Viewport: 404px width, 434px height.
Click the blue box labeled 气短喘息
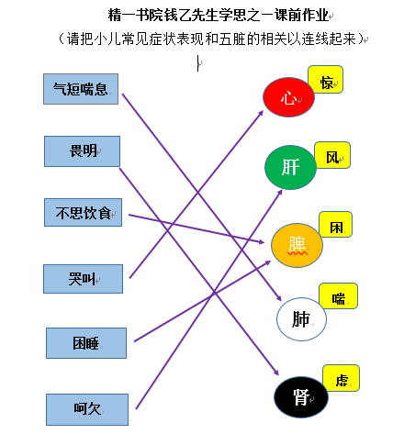point(81,89)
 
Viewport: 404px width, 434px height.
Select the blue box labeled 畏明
point(82,151)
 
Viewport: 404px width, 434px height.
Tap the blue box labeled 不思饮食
point(83,213)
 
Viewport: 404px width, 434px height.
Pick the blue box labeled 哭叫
point(83,279)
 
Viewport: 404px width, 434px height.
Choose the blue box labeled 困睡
point(86,343)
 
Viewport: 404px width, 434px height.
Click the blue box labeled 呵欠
point(87,409)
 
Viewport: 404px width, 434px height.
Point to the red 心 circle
point(288,97)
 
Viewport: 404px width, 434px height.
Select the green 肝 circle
point(290,167)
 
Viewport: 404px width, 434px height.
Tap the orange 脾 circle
point(297,245)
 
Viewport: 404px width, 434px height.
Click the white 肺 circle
point(301,319)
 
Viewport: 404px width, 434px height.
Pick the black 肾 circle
point(301,397)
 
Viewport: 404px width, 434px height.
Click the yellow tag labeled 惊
point(326,79)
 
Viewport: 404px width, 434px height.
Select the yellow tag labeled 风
point(332,155)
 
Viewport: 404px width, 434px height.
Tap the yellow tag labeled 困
point(336,224)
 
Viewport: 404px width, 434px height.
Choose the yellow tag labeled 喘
point(338,296)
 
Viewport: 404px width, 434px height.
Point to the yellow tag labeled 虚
point(341,378)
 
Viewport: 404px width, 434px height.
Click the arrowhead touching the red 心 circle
point(261,113)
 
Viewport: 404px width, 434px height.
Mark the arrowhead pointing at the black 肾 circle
point(276,373)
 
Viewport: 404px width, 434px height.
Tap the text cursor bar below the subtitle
point(198,63)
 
